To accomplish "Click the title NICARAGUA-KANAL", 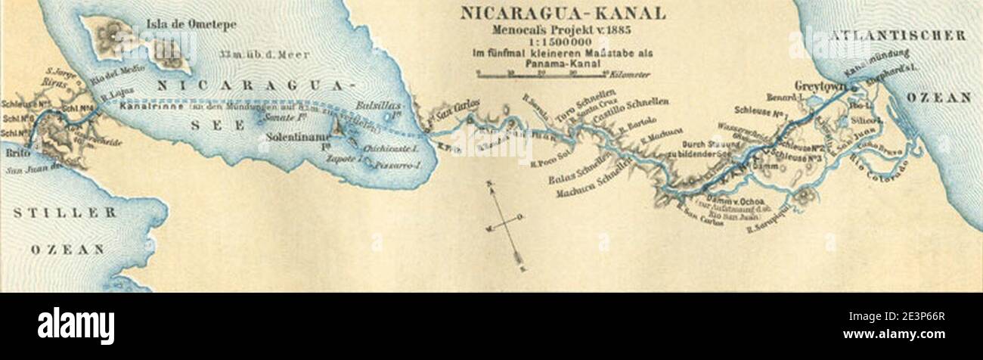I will coord(563,13).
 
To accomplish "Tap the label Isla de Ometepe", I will coord(191,24).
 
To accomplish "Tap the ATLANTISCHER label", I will coord(897,36).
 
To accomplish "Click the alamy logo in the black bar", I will coord(76,326).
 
